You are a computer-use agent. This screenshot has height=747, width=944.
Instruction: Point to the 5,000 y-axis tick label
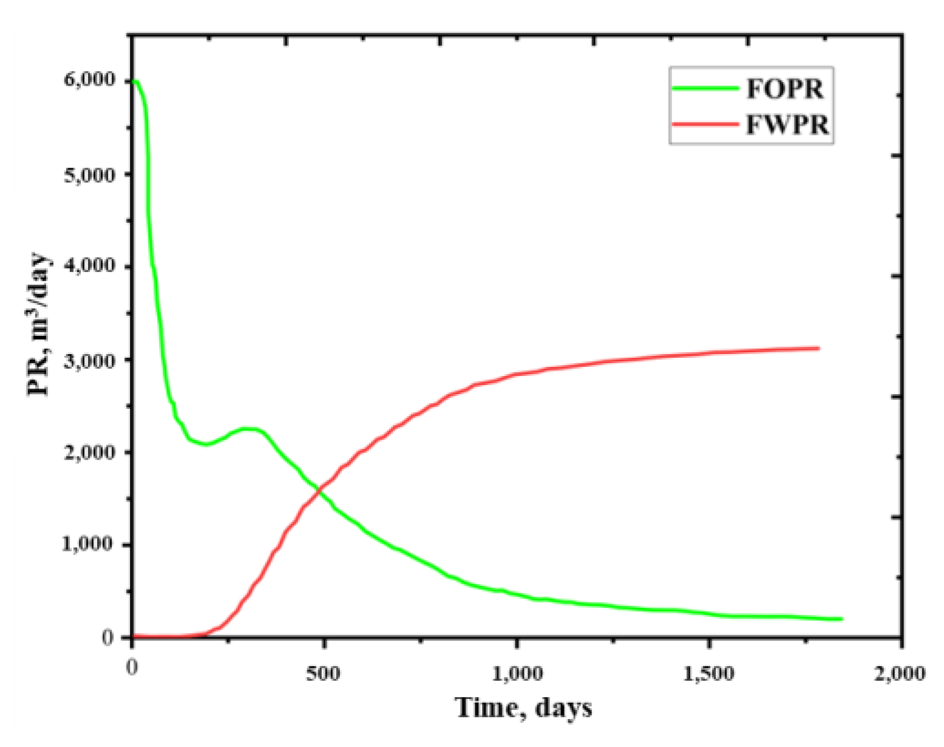pyautogui.click(x=89, y=176)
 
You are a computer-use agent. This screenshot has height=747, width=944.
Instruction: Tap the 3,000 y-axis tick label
pyautogui.click(x=89, y=361)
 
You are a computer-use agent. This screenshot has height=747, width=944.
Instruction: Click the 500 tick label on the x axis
pyautogui.click(x=323, y=674)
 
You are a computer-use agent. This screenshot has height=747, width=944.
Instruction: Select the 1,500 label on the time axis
pyautogui.click(x=708, y=674)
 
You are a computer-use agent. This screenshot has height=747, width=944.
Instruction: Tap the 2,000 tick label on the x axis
pyautogui.click(x=899, y=674)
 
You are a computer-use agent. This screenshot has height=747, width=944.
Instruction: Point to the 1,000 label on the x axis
pyautogui.click(x=516, y=674)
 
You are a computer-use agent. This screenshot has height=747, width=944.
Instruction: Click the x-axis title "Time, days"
pyautogui.click(x=523, y=708)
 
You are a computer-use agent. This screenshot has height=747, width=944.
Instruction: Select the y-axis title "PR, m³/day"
pyautogui.click(x=39, y=325)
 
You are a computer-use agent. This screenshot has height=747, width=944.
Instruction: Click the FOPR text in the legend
pyautogui.click(x=784, y=89)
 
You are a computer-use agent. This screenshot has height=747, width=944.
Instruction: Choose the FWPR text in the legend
pyautogui.click(x=787, y=124)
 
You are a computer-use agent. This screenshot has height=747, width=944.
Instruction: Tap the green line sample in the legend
pyautogui.click(x=706, y=89)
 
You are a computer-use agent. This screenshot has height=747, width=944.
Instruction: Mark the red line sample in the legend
pyautogui.click(x=706, y=124)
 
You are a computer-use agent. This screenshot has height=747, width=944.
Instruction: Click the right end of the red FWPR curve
pyautogui.click(x=819, y=348)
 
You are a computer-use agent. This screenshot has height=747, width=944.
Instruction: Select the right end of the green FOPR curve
pyautogui.click(x=841, y=619)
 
